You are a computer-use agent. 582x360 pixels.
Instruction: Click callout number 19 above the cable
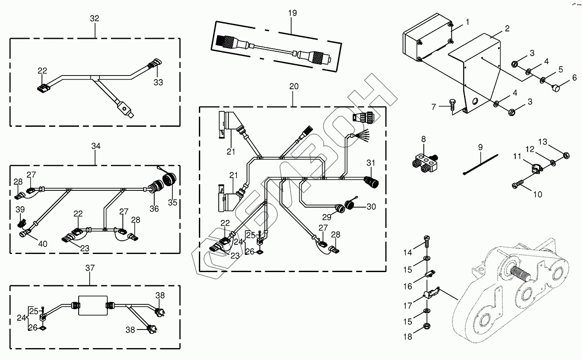pos(293,13)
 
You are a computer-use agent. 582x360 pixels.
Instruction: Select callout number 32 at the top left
pos(94,19)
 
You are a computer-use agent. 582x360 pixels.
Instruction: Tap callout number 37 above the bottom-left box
pos(90,268)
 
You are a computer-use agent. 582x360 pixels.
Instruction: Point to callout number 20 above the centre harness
pos(294,87)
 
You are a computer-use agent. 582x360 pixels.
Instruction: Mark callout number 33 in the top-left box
pos(158,82)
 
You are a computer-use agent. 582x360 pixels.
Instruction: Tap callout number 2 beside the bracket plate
pos(507,29)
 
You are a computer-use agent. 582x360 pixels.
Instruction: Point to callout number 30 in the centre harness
pos(371,206)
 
